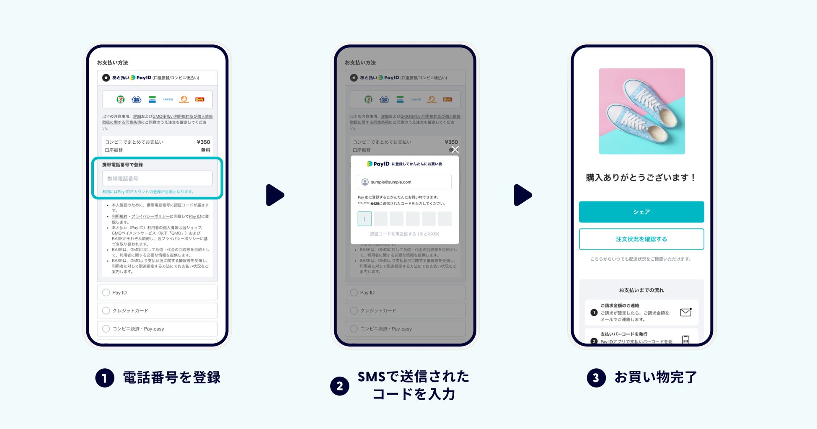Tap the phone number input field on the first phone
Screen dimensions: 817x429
(157, 178)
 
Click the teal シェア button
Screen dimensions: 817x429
(641, 212)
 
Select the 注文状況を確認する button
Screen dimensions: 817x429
(641, 239)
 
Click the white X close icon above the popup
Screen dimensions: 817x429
(455, 150)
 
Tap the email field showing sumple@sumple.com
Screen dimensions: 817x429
(404, 182)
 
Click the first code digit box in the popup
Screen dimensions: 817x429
(365, 219)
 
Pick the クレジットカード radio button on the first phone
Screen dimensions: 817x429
(106, 310)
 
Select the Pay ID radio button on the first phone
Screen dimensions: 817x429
(106, 292)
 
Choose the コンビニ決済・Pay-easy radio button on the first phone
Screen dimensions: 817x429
(106, 329)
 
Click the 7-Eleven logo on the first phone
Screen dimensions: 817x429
(120, 99)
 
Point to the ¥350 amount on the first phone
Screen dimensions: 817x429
(203, 142)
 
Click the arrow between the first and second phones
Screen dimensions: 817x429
(275, 195)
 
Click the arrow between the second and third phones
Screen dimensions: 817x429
(522, 195)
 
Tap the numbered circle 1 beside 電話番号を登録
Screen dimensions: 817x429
(105, 378)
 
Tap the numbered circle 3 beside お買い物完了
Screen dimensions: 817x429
(596, 378)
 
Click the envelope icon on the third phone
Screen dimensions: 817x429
(685, 313)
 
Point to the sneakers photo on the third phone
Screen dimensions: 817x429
(641, 111)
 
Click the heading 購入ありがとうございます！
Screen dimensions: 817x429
(641, 178)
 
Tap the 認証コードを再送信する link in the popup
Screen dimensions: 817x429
(404, 234)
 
